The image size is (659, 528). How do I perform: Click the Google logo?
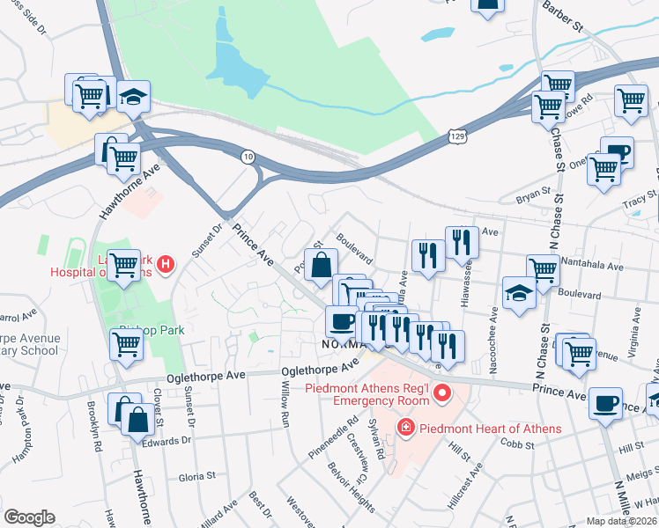pos(29,517)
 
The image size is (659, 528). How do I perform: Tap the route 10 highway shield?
pos(248,156)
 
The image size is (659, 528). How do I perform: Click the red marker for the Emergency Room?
pos(443,392)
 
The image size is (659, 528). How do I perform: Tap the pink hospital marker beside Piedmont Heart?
pos(405,429)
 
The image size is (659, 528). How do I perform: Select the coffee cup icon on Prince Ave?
pos(604,402)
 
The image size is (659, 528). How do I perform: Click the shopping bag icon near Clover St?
pos(138,419)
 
